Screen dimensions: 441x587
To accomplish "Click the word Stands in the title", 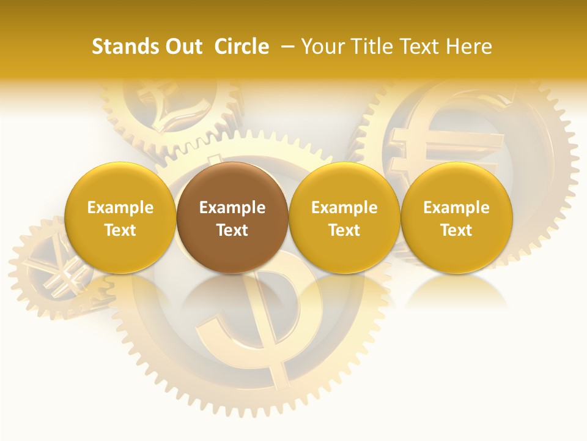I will [x=125, y=47].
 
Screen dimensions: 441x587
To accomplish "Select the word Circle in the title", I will [x=242, y=47].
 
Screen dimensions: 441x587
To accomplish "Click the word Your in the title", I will [x=320, y=47].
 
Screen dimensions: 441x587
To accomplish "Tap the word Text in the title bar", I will [x=415, y=47].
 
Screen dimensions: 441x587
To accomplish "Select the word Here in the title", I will [x=468, y=47].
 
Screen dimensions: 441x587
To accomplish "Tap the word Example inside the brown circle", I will [x=232, y=208].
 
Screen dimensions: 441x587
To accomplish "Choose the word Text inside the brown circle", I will [x=232, y=230].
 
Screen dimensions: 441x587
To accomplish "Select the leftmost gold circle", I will [x=120, y=217].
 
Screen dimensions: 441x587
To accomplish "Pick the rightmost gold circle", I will [x=456, y=217].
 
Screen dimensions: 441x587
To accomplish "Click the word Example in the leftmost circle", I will [x=120, y=208].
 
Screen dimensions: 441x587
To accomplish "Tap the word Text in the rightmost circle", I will [x=456, y=230].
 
